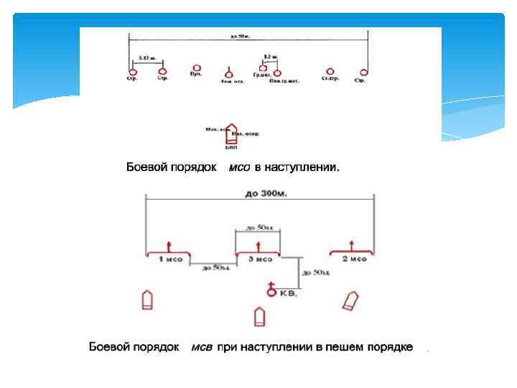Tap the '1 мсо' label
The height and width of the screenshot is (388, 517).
pyautogui.click(x=170, y=259)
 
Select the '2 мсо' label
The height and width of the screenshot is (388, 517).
pyautogui.click(x=354, y=259)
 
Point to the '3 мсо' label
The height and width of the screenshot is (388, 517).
pyautogui.click(x=259, y=259)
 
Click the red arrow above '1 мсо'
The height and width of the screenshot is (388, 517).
pyautogui.click(x=169, y=246)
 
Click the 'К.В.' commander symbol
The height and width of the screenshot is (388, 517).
pyautogui.click(x=271, y=289)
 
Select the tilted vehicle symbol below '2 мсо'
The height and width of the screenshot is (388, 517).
pyautogui.click(x=350, y=300)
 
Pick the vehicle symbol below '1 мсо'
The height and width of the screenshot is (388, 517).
pyautogui.click(x=148, y=300)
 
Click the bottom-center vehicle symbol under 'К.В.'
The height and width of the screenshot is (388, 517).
pyautogui.click(x=260, y=316)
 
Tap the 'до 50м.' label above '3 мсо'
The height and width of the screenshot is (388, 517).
pyautogui.click(x=258, y=228)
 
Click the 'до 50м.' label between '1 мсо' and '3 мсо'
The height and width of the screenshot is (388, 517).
pyautogui.click(x=213, y=268)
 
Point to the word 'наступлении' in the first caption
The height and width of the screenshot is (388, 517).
pyautogui.click(x=302, y=168)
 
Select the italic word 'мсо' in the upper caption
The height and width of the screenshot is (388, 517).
pyautogui.click(x=239, y=168)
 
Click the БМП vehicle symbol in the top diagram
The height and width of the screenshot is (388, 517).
pyautogui.click(x=231, y=134)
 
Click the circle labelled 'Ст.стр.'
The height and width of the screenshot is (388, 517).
pyautogui.click(x=330, y=71)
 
